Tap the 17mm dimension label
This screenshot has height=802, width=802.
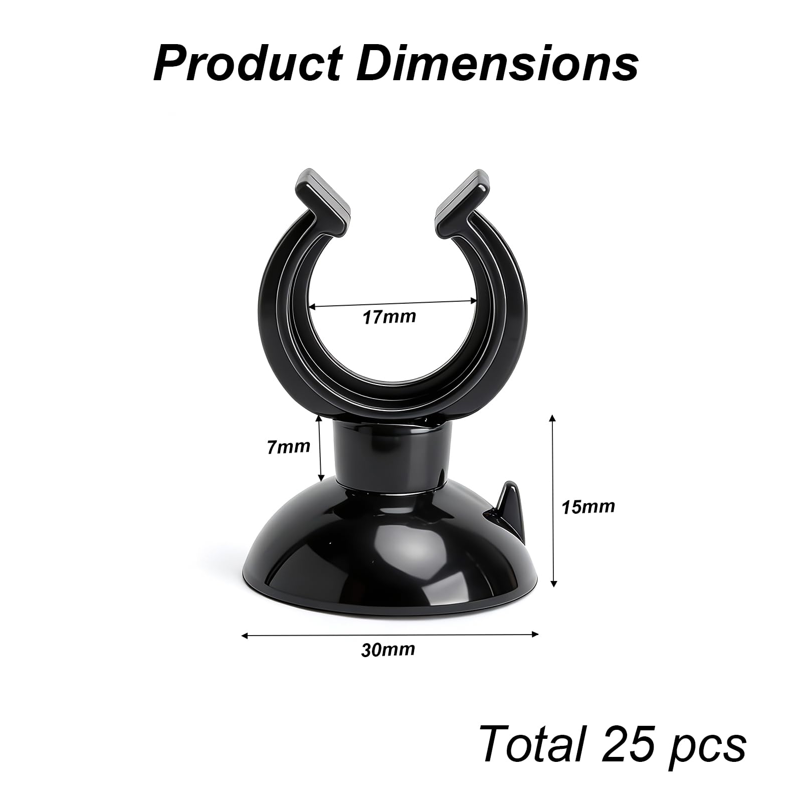click(389, 317)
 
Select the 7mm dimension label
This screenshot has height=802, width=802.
click(288, 446)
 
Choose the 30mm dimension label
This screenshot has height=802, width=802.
click(388, 650)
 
